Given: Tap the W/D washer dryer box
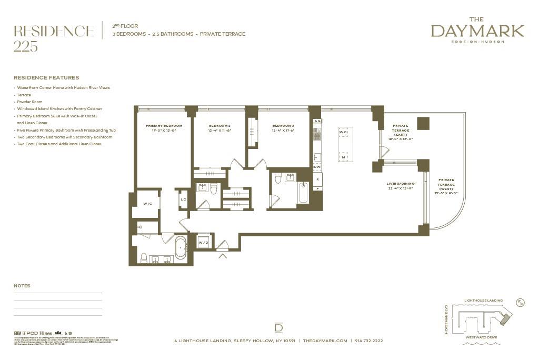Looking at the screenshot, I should coord(204,243).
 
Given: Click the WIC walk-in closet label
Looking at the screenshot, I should coord(147,204).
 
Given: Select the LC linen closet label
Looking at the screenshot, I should coord(183,199).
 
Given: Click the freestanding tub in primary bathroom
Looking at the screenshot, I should coord(181,247).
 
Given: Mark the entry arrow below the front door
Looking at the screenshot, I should coord(223,256).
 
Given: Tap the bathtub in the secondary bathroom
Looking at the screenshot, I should coord(304,193).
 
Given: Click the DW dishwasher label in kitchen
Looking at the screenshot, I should coord(317,167).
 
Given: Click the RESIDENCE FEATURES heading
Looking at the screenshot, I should coord(46,77).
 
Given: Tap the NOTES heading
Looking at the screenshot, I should coord(22,286).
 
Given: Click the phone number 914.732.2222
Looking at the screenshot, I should coord(369,341).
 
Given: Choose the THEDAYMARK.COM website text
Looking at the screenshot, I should coord(325,341).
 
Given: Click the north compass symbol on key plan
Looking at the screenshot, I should coord(521,302).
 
